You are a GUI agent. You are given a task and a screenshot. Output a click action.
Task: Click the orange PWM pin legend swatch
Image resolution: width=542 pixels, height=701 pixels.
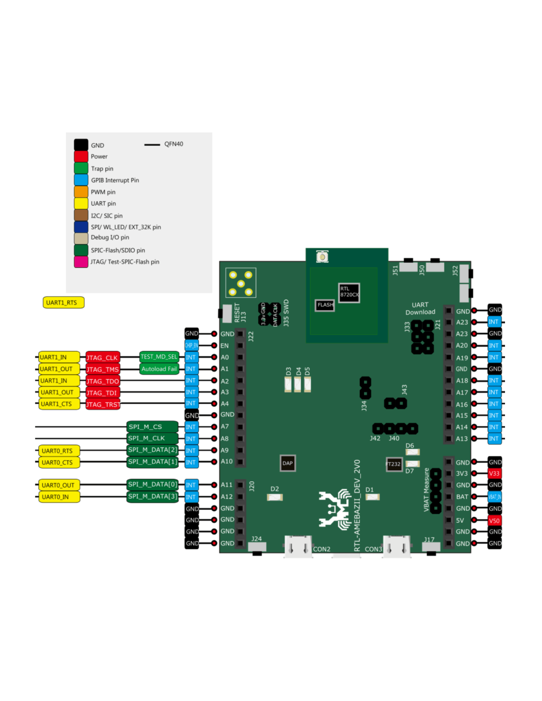tap(81, 192)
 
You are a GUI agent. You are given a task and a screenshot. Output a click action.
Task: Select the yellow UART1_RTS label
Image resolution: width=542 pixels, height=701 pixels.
tap(64, 302)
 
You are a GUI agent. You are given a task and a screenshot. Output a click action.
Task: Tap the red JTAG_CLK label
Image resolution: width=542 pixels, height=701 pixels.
tap(102, 357)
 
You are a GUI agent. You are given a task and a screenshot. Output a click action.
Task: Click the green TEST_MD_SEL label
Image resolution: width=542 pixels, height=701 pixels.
tap(159, 357)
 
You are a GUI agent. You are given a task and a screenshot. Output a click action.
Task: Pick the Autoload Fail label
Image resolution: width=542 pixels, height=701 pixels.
tap(159, 369)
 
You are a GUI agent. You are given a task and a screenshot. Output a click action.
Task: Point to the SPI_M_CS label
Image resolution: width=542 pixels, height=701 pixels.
tap(152, 426)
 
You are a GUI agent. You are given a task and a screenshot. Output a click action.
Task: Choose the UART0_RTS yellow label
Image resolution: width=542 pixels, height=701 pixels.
tap(59, 451)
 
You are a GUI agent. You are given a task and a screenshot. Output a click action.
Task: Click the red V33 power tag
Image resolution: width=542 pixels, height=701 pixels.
tap(494, 473)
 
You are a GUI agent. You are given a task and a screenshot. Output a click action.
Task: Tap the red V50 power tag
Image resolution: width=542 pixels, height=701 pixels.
tap(494, 521)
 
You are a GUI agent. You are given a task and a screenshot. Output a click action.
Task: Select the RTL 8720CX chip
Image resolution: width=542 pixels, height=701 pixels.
tap(349, 292)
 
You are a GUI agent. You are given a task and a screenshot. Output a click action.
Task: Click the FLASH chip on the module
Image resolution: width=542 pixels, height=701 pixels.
tap(325, 305)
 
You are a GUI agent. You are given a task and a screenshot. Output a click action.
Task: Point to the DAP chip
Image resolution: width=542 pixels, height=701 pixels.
tap(288, 463)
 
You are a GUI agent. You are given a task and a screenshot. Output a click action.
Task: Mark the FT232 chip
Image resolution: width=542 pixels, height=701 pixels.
tap(394, 464)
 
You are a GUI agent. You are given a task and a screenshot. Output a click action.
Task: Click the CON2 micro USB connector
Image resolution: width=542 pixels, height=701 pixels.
tap(298, 547)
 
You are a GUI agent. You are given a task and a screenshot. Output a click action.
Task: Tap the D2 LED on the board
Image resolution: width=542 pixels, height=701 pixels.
tap(274, 497)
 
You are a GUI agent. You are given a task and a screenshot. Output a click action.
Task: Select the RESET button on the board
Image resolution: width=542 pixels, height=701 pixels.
tap(227, 313)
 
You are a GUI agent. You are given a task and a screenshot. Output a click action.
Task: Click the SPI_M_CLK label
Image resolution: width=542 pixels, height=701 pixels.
tap(152, 438)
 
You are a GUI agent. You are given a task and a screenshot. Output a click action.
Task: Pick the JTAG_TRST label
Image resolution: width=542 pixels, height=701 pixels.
tap(102, 404)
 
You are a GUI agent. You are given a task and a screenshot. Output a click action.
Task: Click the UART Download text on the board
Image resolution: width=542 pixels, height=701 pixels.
tap(420, 309)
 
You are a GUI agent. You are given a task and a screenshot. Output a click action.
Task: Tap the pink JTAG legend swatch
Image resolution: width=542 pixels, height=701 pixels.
tap(81, 262)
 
